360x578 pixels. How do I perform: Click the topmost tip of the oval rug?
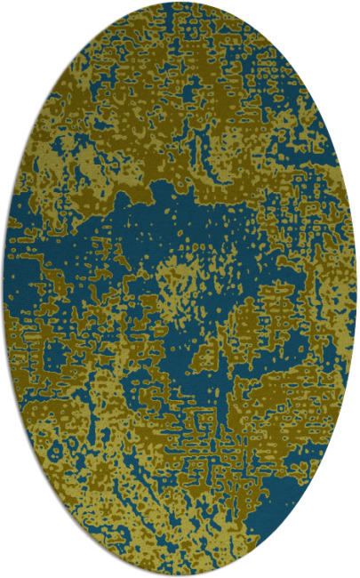pyautogui.click(x=180, y=3)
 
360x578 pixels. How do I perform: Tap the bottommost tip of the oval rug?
pyautogui.click(x=180, y=575)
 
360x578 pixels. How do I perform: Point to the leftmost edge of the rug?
pyautogui.click(x=4, y=289)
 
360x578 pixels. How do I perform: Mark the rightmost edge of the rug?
pyautogui.click(x=356, y=289)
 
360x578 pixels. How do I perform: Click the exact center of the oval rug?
pyautogui.click(x=180, y=289)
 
